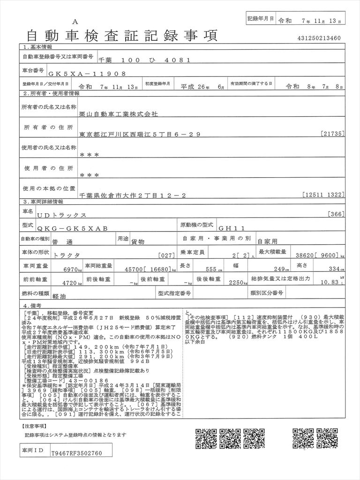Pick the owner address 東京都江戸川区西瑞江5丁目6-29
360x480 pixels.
140,135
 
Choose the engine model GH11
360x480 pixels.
232,228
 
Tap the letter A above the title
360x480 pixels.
75,22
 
